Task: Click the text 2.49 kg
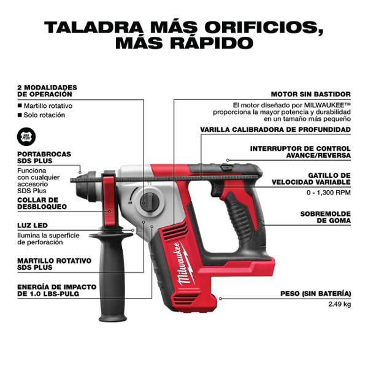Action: (339, 304)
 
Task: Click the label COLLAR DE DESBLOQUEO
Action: (38, 203)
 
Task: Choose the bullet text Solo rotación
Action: (45, 115)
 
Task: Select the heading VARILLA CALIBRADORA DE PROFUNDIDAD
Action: (275, 129)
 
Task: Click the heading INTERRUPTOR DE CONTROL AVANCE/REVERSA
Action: (300, 152)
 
